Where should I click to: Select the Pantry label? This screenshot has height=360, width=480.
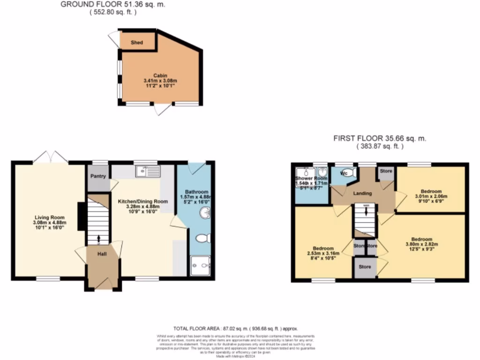tap(98, 176)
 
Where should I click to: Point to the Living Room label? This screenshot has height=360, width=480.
tap(49, 217)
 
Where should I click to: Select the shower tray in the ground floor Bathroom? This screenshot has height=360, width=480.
tap(201, 266)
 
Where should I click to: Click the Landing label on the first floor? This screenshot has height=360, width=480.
tap(362, 193)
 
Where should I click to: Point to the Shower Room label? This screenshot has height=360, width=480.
tap(311, 179)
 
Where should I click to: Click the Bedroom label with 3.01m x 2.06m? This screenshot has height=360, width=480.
tap(430, 191)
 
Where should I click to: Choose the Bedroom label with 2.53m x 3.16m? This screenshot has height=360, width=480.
tap(323, 248)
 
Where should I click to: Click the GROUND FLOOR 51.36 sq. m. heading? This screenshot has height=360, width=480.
tap(113, 5)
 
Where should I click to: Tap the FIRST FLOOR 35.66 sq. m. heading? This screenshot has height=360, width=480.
tap(380, 139)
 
